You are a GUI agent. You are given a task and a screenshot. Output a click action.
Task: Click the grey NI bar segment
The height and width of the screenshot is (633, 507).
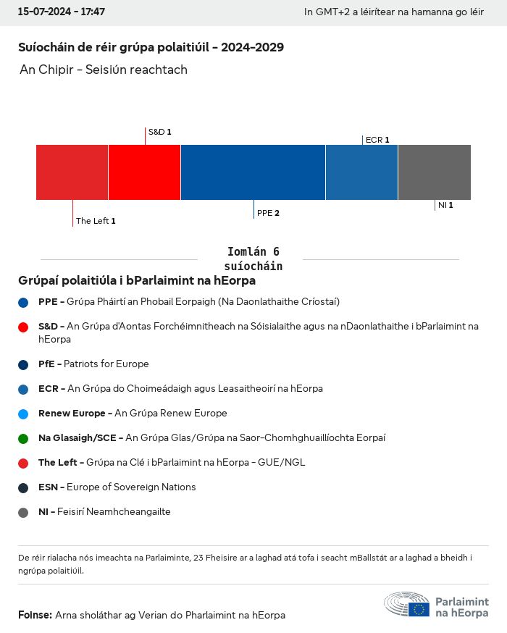click(434, 172)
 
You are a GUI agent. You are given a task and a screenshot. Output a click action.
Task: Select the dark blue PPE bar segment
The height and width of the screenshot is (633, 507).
click(253, 172)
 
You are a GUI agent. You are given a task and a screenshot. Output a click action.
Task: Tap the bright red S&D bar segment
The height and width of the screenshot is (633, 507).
click(144, 172)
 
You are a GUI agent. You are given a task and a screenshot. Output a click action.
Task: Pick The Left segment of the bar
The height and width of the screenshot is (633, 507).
click(72, 172)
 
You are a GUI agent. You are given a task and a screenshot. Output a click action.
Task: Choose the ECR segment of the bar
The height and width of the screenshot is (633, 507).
click(361, 172)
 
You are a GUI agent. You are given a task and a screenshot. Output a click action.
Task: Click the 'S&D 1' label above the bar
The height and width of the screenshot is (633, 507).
click(159, 133)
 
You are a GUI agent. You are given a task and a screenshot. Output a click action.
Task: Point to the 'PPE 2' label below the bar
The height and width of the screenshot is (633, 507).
click(268, 214)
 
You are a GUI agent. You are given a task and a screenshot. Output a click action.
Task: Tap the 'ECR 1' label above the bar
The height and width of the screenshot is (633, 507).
click(377, 140)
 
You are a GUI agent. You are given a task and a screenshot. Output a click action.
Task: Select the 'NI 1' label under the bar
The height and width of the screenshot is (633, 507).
click(445, 206)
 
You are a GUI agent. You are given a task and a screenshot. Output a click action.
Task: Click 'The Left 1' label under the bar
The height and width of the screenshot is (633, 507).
click(96, 221)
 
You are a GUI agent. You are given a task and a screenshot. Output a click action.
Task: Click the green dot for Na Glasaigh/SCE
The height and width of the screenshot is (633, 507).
click(24, 438)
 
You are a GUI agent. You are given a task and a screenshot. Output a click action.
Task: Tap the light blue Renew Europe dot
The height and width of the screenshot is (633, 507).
click(24, 414)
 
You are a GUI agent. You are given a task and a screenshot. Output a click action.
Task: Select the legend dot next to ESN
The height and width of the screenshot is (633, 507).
click(24, 487)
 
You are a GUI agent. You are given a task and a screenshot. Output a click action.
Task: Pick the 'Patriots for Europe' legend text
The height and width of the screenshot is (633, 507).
click(106, 364)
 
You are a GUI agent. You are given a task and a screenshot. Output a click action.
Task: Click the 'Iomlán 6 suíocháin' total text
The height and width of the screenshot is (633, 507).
click(253, 259)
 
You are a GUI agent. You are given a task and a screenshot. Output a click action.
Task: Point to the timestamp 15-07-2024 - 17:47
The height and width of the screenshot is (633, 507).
click(62, 12)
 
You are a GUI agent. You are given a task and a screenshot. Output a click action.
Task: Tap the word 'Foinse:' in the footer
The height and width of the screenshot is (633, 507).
click(35, 615)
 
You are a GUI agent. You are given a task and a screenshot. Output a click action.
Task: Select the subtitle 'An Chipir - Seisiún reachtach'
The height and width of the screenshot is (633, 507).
click(104, 70)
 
